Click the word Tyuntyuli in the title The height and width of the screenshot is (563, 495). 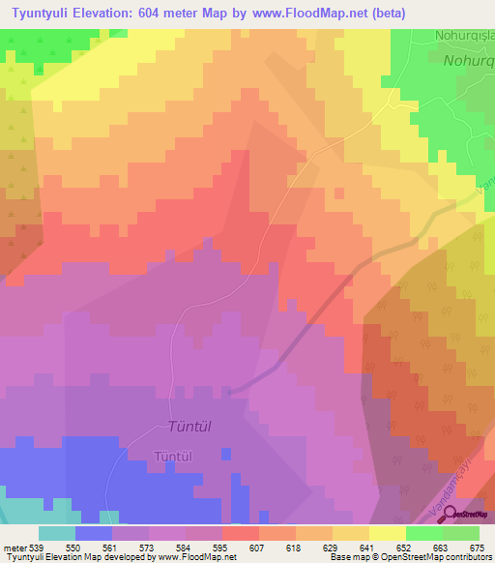point(39,14)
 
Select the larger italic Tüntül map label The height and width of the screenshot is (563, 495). point(189,427)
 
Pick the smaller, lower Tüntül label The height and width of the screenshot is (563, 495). point(175,456)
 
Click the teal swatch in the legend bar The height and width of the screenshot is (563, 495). point(56,533)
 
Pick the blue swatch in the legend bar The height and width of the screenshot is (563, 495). point(93,533)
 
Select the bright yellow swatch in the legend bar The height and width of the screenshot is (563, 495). point(387,533)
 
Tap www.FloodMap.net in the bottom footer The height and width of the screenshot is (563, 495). point(197,557)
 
